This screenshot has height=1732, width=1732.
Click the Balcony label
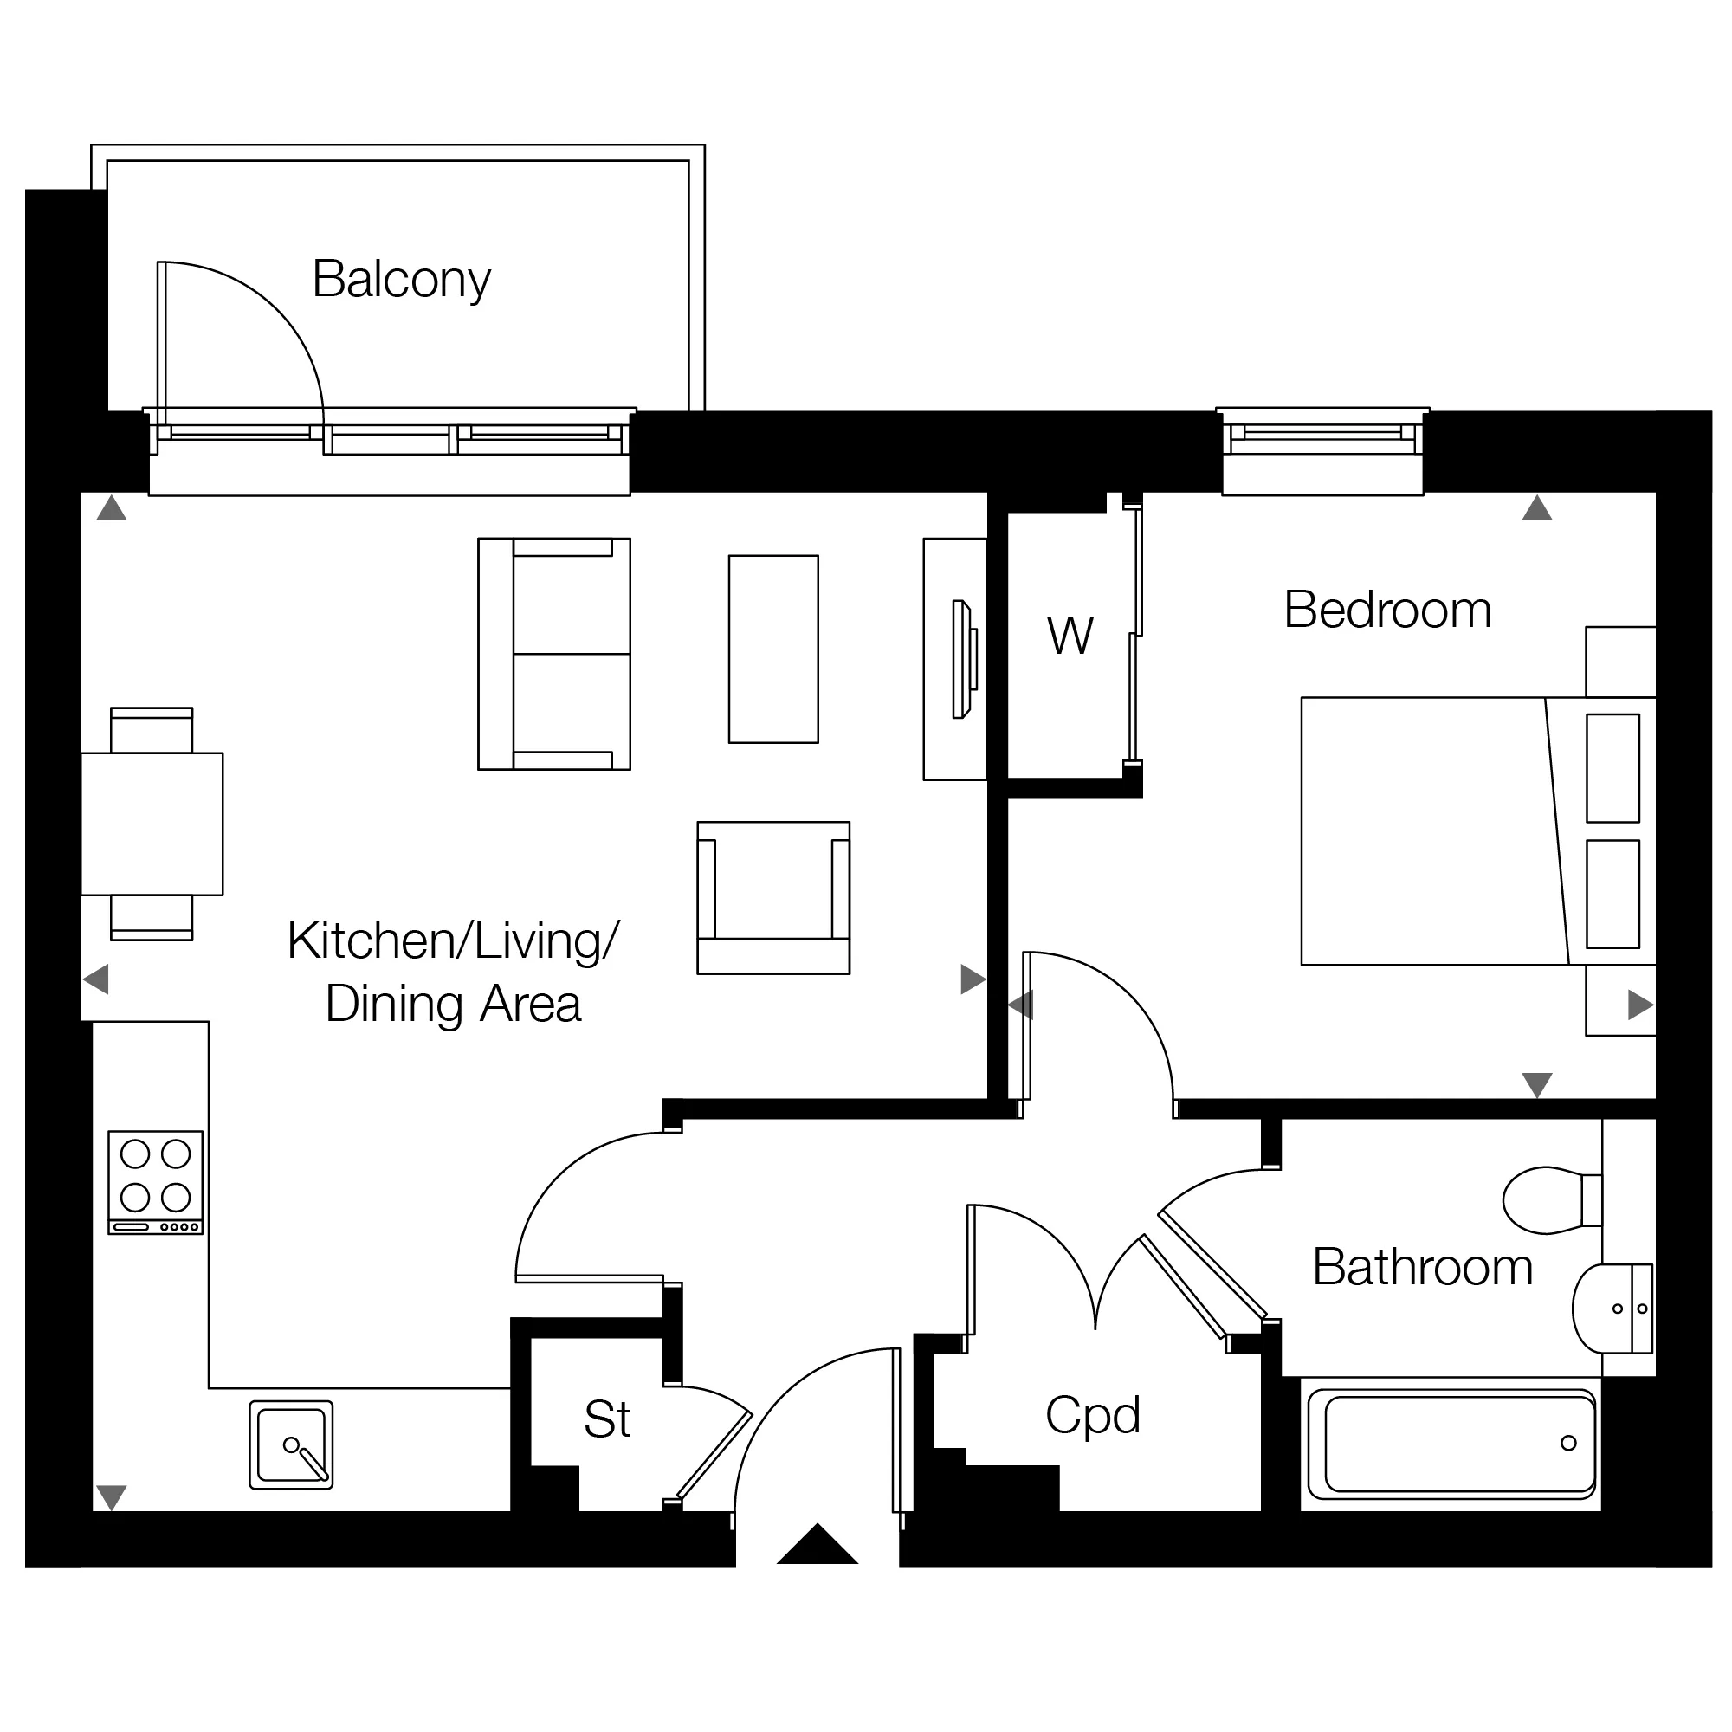pos(402,280)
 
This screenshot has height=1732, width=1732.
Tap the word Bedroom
pos(1387,610)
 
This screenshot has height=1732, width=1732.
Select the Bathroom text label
pos(1423,1267)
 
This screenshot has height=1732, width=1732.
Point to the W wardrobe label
pos(1070,636)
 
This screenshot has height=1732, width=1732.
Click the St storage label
pos(607,1419)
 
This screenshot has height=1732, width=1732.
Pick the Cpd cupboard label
pos(1093,1417)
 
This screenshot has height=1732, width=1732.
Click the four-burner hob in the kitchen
pos(156,1182)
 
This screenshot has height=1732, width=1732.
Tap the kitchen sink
pos(291,1445)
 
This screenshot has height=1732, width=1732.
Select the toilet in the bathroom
pos(1553,1200)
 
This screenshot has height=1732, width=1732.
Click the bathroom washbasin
pos(1612,1309)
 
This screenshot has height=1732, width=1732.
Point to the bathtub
pos(1451,1444)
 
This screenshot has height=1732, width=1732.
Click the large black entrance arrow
pos(818,1544)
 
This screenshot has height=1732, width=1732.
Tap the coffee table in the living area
pos(773,649)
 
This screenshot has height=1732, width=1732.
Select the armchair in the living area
pos(773,897)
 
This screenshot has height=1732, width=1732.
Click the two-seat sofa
pos(554,654)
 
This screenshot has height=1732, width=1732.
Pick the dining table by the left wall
pos(152,824)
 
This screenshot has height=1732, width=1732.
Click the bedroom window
pos(1322,451)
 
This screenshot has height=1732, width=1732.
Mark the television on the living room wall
pos(964,659)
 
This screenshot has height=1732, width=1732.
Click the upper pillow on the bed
pos(1612,768)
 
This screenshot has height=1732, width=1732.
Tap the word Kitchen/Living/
pos(454,941)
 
